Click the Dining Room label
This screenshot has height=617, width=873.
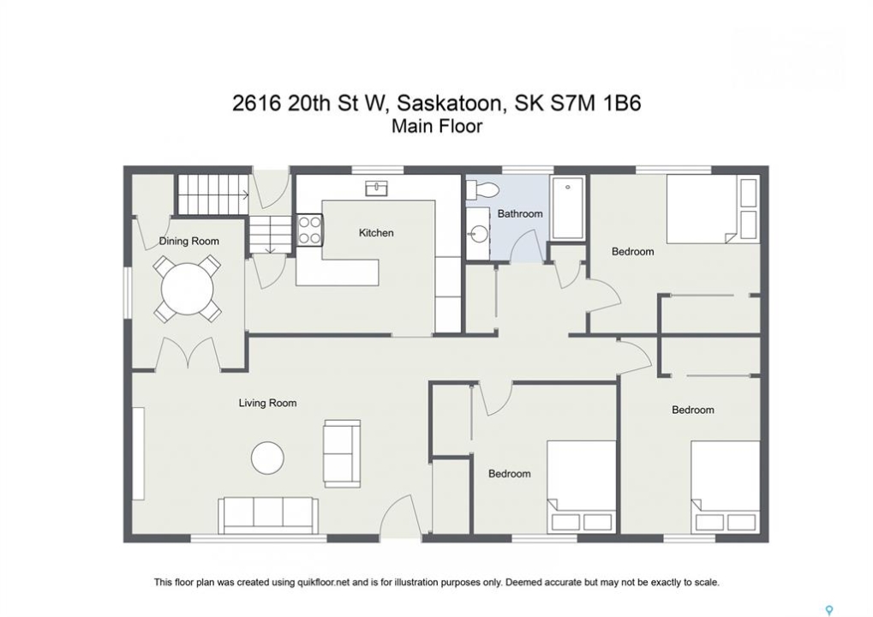pyautogui.click(x=188, y=241)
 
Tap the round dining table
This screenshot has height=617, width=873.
pyautogui.click(x=187, y=289)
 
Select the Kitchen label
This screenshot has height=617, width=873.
pyautogui.click(x=376, y=233)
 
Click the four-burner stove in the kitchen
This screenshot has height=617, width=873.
pyautogui.click(x=309, y=230)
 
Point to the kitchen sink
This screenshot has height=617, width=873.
pyautogui.click(x=377, y=189)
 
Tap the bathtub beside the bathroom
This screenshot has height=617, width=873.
pyautogui.click(x=567, y=208)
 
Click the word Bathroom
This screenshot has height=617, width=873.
pyautogui.click(x=519, y=213)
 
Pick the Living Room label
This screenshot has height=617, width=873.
pyautogui.click(x=267, y=403)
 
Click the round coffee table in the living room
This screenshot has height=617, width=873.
pyautogui.click(x=267, y=458)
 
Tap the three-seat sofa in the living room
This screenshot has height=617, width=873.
pyautogui.click(x=268, y=515)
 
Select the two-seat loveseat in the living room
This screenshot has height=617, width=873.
pyautogui.click(x=342, y=452)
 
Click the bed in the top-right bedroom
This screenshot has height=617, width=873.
pyautogui.click(x=713, y=209)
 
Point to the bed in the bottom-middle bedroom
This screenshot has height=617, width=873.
pyautogui.click(x=581, y=486)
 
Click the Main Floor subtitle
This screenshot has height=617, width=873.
pyautogui.click(x=437, y=127)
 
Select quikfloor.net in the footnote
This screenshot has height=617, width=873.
pyautogui.click(x=319, y=583)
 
